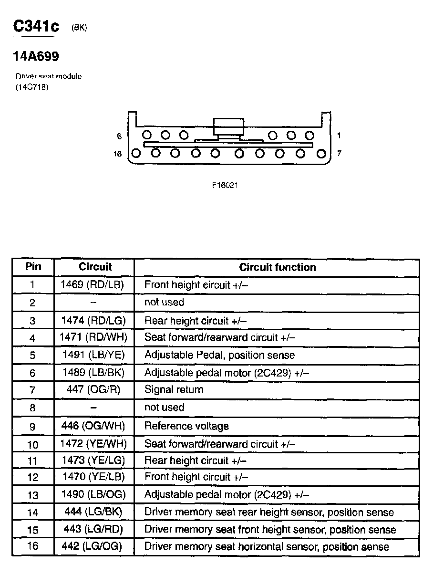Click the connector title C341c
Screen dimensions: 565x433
(x=36, y=26)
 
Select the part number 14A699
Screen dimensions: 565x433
(x=36, y=57)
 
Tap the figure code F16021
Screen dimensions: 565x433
(x=225, y=186)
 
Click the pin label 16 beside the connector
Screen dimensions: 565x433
(x=118, y=154)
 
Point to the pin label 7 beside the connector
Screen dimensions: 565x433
(x=339, y=154)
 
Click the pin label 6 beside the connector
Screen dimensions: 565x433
(x=119, y=136)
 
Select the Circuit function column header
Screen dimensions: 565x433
(x=277, y=267)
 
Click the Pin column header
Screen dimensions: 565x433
(x=33, y=267)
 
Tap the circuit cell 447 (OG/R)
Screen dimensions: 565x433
(x=93, y=390)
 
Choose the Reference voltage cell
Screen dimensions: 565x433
(x=186, y=426)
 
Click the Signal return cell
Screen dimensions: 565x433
(x=174, y=390)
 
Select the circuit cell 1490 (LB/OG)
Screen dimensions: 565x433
(x=93, y=494)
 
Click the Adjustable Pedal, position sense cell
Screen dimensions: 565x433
(x=219, y=355)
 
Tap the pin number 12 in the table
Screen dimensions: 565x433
(x=32, y=477)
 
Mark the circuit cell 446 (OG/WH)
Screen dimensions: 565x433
(x=94, y=426)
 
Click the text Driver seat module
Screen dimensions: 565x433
(x=49, y=76)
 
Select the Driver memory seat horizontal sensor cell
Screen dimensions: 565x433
(x=267, y=547)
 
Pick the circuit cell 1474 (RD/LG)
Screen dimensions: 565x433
(x=93, y=321)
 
